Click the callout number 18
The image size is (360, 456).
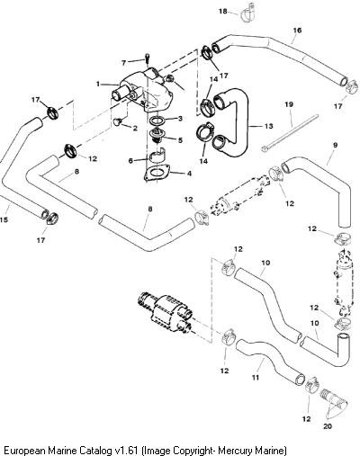(x=223, y=12)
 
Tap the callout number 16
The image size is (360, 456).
(x=297, y=31)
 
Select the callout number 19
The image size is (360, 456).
(x=289, y=104)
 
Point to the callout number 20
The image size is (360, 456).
(x=328, y=426)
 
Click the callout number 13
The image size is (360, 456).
(x=269, y=126)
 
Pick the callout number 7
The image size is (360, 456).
(x=124, y=63)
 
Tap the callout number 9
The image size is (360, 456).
(x=335, y=145)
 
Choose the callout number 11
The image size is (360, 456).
(x=256, y=378)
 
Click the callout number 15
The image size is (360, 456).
(x=4, y=220)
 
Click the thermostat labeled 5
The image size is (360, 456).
(x=157, y=137)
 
